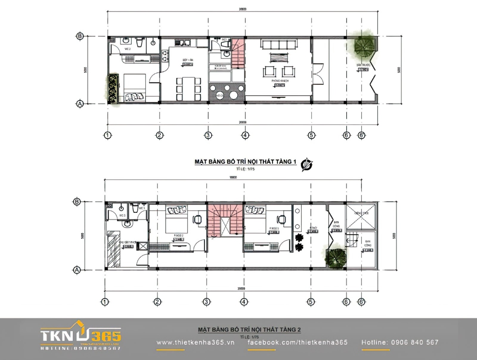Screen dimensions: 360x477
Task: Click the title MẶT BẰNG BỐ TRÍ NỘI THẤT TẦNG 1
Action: (245, 162)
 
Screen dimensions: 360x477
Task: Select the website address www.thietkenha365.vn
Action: (196, 342)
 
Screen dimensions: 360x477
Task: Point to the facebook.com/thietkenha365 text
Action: (298, 342)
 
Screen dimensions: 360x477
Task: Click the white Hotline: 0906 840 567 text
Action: (400, 342)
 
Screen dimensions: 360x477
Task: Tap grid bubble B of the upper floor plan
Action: (79, 36)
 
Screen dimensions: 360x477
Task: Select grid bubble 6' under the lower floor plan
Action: (361, 302)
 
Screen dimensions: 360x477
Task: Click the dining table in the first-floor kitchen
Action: (187, 89)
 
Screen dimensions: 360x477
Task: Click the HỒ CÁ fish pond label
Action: (219, 96)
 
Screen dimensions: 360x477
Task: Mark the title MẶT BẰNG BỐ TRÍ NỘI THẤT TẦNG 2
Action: (249, 330)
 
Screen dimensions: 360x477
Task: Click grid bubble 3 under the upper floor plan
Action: (207, 135)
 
